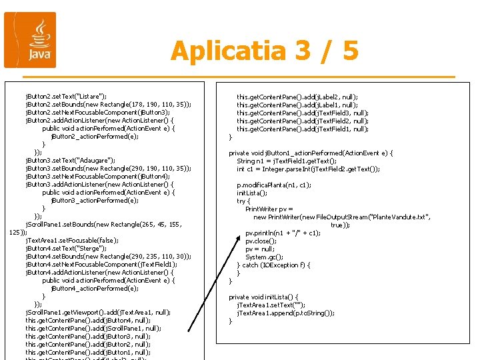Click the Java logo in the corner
tap(30, 40)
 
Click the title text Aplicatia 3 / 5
tap(264, 51)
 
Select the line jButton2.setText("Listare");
tap(66, 96)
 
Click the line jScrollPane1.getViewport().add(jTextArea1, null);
tap(98, 312)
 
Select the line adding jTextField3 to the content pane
tap(302, 113)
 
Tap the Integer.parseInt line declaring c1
tap(308, 169)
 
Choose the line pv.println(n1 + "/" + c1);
tap(283, 233)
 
